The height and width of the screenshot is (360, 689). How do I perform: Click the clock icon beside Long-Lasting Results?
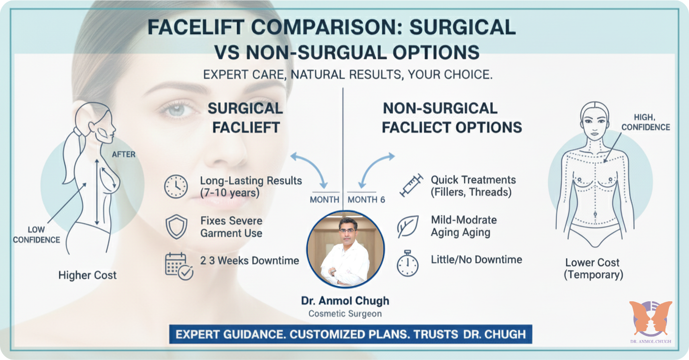(176, 186)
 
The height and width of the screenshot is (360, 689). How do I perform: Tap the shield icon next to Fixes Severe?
(176, 226)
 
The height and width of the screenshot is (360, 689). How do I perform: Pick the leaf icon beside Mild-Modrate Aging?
(407, 226)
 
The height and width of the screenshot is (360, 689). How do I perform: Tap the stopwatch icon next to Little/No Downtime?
(407, 264)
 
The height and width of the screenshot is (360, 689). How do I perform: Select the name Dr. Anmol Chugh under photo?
(345, 300)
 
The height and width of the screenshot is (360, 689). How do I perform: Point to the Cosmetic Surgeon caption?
(345, 314)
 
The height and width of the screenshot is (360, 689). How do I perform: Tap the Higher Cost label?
(88, 275)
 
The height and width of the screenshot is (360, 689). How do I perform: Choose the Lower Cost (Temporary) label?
(593, 269)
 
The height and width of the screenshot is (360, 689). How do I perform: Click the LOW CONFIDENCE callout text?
(36, 235)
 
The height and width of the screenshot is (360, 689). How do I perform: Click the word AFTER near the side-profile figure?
(123, 154)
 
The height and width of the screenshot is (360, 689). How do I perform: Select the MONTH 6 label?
(366, 200)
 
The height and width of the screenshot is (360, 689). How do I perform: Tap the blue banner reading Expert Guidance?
(350, 335)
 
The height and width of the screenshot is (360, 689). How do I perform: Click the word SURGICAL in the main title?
(462, 27)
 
